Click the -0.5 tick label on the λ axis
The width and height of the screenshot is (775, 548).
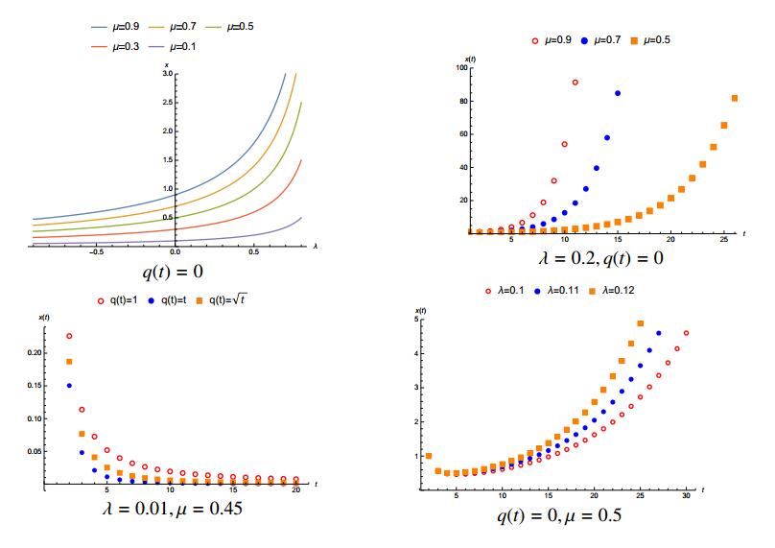[x=96, y=253]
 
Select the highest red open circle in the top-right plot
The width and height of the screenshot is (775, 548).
[x=575, y=83]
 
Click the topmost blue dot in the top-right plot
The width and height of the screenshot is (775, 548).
[x=618, y=93]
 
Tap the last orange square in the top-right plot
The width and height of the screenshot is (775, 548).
[x=735, y=98]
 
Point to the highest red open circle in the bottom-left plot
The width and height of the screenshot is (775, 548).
[x=68, y=336]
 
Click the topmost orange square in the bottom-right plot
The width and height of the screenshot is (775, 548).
[x=641, y=323]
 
